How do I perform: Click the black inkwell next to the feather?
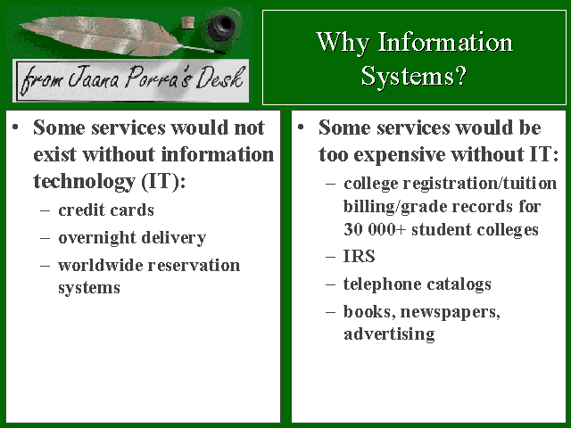point(221,29)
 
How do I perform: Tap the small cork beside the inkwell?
point(188,22)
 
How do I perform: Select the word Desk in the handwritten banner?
point(219,78)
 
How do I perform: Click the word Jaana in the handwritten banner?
point(94,78)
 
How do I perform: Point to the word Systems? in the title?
point(414,76)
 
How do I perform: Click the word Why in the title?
point(343,43)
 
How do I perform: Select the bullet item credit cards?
point(106,210)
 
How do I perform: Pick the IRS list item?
point(359,256)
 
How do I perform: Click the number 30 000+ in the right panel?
point(375,229)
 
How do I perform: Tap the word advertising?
point(389,333)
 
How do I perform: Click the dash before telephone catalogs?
point(331,284)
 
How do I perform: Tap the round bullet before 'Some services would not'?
point(15,127)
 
